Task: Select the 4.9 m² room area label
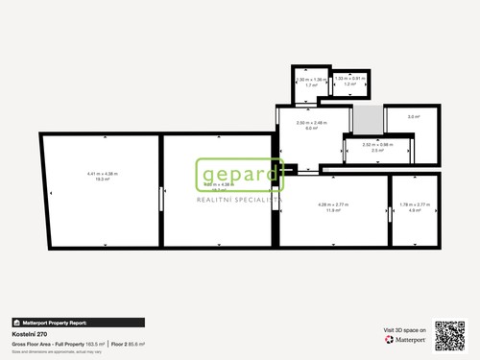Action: (416, 209)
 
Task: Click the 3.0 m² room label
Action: (413, 117)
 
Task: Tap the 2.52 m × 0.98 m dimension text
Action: (377, 145)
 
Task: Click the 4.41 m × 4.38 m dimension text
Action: (101, 174)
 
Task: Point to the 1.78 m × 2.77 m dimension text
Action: (416, 204)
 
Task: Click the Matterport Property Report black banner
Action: (78, 323)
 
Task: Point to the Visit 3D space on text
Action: (403, 330)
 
